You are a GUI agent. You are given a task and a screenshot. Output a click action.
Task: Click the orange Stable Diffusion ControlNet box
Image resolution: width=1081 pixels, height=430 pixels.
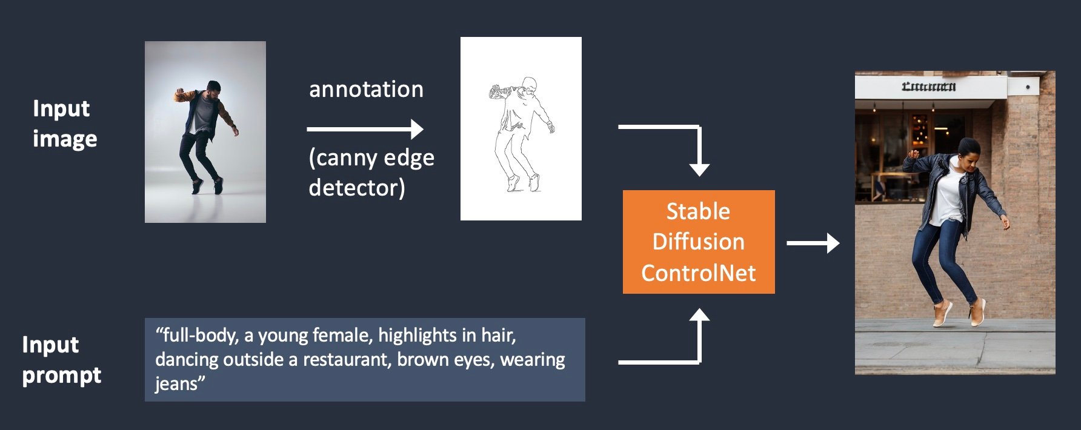698,242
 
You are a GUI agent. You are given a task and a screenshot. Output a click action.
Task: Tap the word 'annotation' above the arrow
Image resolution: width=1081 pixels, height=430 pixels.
366,90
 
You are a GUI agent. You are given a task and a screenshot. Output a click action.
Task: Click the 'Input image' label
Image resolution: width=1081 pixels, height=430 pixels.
64,124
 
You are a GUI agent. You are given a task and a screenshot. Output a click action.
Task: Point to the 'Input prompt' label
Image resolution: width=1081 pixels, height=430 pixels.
61,360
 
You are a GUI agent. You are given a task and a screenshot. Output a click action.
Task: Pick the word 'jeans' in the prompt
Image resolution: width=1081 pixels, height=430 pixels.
175,384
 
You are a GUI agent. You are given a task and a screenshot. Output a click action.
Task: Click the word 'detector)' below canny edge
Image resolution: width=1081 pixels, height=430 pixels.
356,188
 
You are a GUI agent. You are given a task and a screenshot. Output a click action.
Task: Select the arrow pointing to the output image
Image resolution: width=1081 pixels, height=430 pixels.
812,243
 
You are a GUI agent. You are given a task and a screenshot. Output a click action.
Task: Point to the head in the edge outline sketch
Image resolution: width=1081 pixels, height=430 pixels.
529,85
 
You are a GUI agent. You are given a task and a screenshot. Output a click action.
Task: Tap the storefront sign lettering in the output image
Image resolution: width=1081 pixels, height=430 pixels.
928,87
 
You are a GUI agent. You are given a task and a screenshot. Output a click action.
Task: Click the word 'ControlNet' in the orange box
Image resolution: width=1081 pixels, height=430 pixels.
698,273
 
